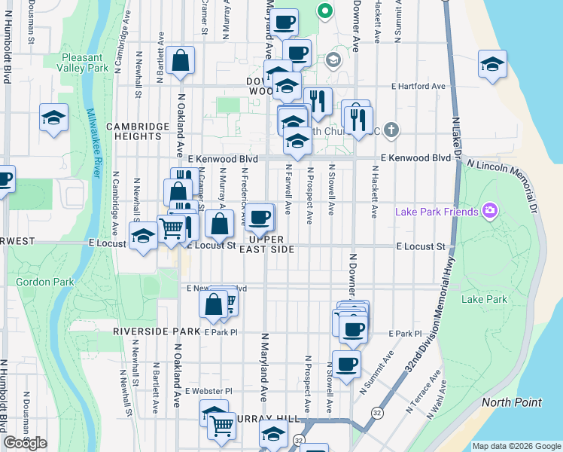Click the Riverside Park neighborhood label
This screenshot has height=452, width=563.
(157, 331)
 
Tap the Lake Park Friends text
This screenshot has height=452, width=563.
(437, 212)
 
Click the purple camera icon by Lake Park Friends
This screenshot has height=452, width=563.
(491, 209)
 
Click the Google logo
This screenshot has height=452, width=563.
(25, 443)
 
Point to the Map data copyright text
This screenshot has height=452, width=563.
(516, 446)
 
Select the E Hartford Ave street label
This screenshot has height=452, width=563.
(418, 87)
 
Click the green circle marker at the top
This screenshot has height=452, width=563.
(326, 11)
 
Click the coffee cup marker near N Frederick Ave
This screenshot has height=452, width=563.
(260, 218)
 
